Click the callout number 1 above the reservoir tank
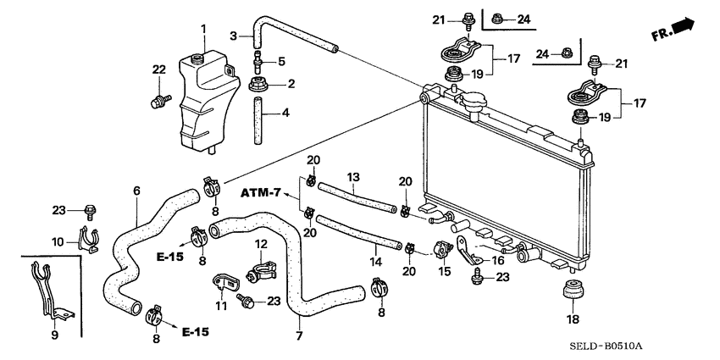click(202, 30)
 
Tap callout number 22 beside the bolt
click(158, 69)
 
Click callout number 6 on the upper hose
click(136, 191)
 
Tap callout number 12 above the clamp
click(261, 245)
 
